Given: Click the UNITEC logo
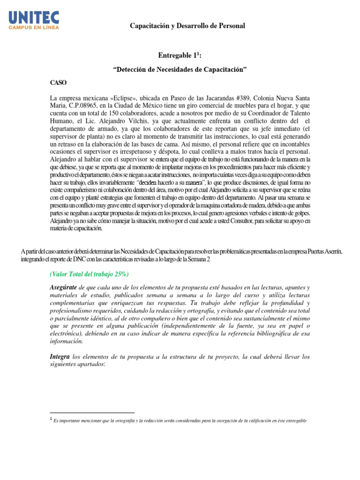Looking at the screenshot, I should click(x=34, y=18).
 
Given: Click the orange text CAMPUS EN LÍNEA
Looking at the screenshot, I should click(x=34, y=28).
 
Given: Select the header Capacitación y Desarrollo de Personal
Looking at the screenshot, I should click(x=187, y=26).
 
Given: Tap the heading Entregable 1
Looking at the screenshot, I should click(x=180, y=56).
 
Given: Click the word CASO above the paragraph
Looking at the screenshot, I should click(x=59, y=82).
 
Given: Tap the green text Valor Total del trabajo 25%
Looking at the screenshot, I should click(x=89, y=274).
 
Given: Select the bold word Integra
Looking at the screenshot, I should click(x=60, y=357).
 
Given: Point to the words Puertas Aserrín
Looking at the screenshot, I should click(x=323, y=252).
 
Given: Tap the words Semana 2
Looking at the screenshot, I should click(x=234, y=259).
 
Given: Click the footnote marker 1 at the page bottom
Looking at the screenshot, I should click(x=51, y=420).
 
